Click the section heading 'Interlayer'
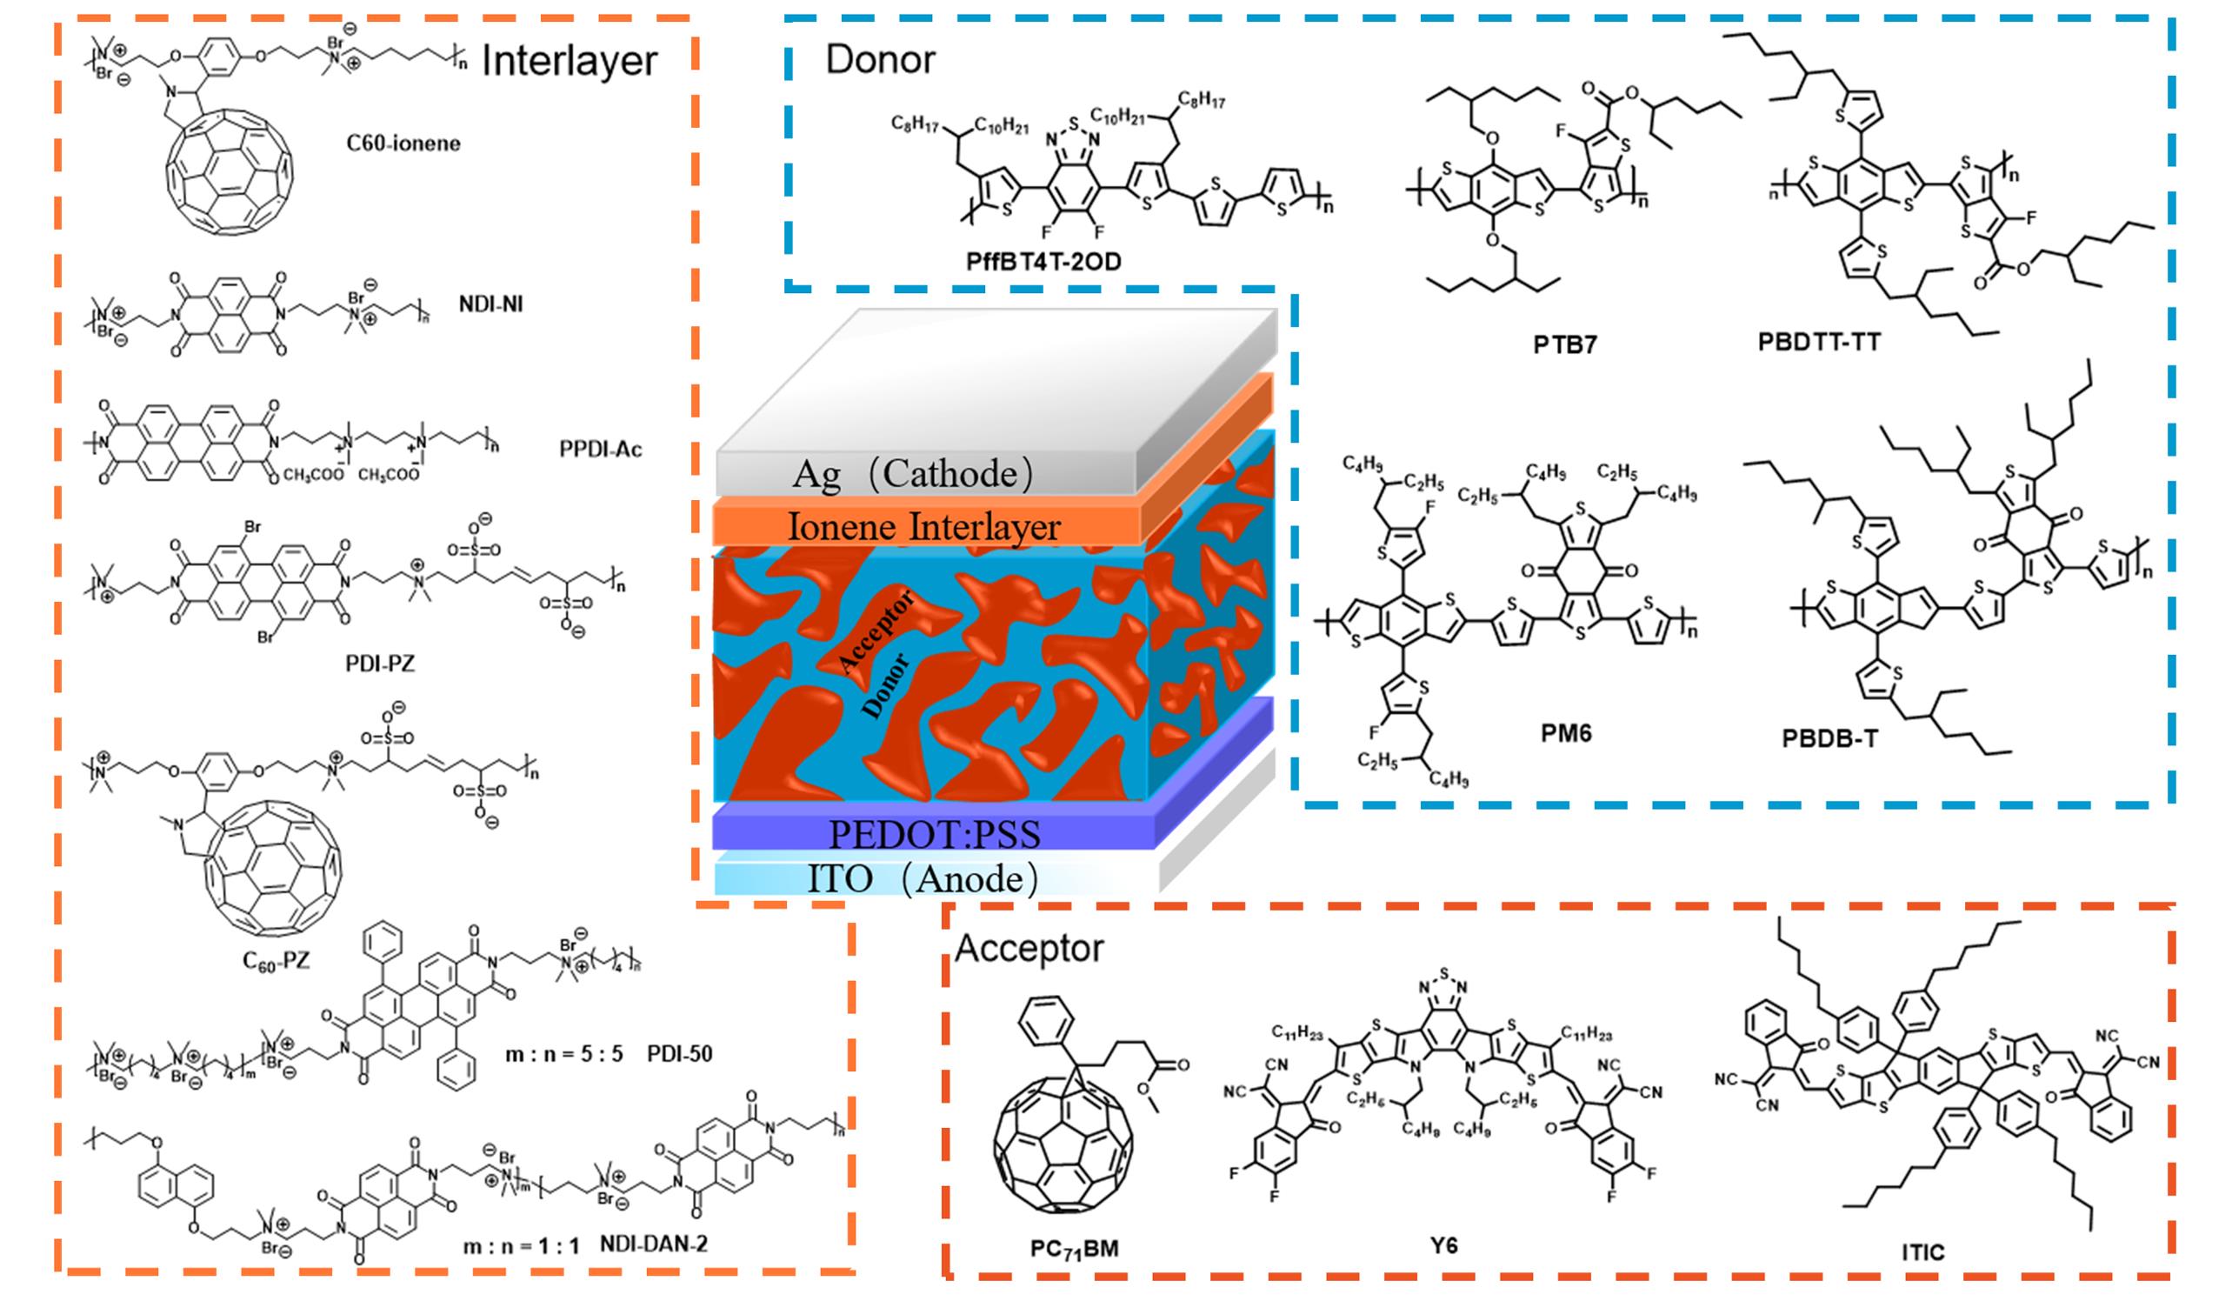[569, 62]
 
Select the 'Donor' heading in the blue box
[880, 60]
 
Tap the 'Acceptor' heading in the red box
[1029, 949]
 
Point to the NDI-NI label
[490, 304]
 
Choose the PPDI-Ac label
[600, 450]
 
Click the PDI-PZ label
[380, 663]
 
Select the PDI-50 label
[679, 1054]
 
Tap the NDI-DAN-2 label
[654, 1244]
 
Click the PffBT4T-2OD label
[1043, 261]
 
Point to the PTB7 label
[1565, 344]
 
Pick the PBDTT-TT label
[1818, 342]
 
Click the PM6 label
[1565, 733]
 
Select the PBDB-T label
[1829, 738]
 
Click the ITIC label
[1922, 1252]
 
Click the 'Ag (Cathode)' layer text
[912, 475]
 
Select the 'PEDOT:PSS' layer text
[934, 834]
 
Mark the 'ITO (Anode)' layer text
[921, 879]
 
